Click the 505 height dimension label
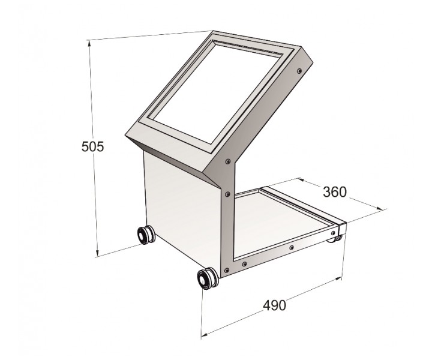click(92, 146)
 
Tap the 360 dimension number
click(334, 192)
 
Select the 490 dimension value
click(275, 305)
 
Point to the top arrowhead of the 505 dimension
click(89, 44)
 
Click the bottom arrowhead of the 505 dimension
click(97, 251)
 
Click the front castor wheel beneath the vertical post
click(207, 278)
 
